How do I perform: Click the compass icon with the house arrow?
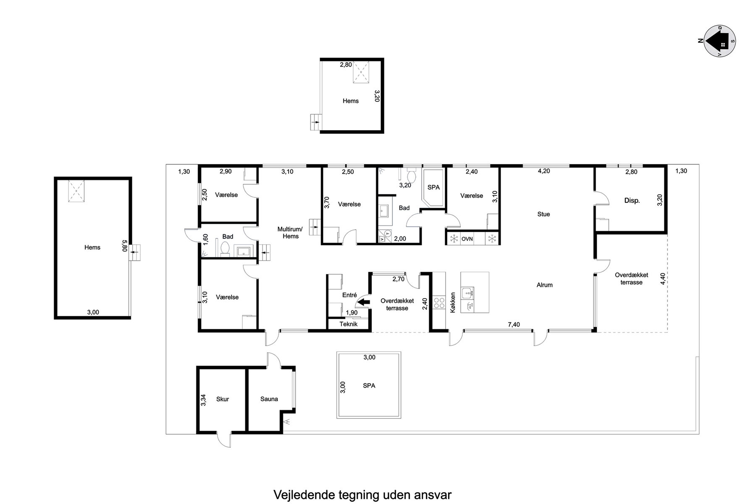pos(720,41)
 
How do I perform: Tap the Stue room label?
pos(543,214)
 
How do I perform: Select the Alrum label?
pos(545,285)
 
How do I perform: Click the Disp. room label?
pos(632,201)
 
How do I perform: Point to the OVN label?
pos(467,239)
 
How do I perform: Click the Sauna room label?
pos(269,399)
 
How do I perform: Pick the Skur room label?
pos(223,399)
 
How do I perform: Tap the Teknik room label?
pos(349,324)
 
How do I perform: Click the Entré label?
pos(349,295)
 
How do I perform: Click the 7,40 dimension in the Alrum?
pos(514,324)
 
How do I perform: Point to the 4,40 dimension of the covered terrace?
pos(663,279)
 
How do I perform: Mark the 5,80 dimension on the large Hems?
pos(124,246)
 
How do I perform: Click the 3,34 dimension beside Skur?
pos(204,399)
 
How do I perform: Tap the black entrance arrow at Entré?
pos(362,301)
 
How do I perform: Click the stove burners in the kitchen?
pos(439,303)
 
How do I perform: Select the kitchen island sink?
pos(467,293)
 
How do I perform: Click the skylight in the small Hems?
pos(360,71)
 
